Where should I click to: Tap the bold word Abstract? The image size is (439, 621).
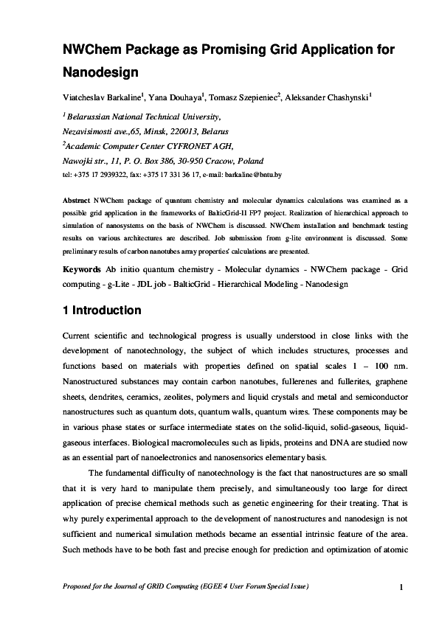click(75, 200)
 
